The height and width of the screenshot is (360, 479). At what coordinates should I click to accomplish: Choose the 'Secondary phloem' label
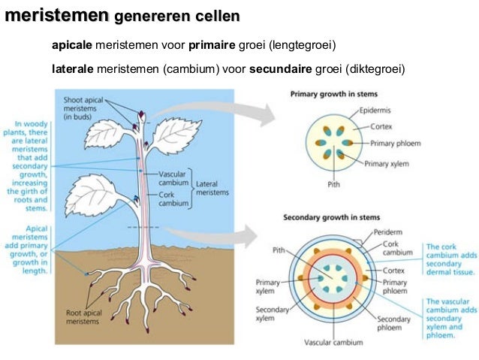click(x=393, y=323)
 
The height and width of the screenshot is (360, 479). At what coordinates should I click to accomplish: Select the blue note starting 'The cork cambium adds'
click(x=449, y=259)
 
